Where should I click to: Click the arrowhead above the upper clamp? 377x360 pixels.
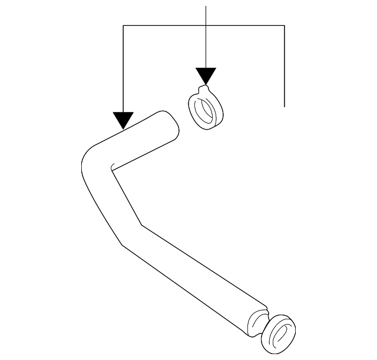(206, 75)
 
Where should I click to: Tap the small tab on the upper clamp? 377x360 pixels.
(204, 89)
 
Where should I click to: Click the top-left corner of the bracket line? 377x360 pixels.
(123, 25)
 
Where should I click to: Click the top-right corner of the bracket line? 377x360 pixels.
(285, 25)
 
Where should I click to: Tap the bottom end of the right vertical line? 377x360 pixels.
(285, 106)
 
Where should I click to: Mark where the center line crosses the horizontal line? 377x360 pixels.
(206, 25)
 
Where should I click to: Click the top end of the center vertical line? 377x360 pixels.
(206, 6)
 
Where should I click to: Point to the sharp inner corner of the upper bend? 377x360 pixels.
(111, 170)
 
